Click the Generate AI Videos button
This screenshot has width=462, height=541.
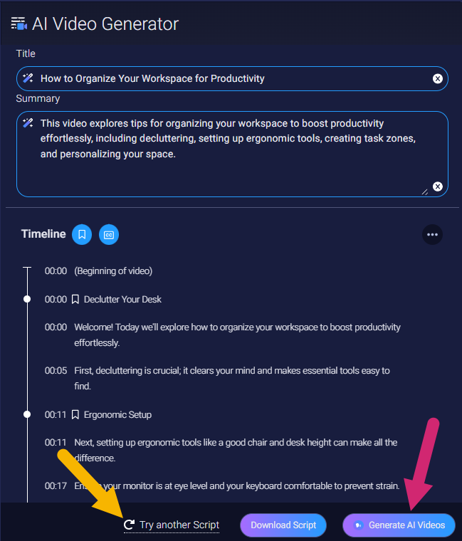tap(399, 525)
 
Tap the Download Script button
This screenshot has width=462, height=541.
tap(283, 525)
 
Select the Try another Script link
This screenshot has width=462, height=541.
tap(172, 525)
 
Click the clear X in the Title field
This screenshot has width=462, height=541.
tap(438, 79)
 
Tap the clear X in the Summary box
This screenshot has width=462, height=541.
tap(438, 187)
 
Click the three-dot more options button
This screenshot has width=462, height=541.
tap(432, 235)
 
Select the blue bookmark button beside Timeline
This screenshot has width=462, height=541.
tap(82, 235)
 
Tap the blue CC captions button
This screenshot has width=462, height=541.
tap(109, 235)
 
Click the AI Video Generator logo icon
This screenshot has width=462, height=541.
tap(19, 23)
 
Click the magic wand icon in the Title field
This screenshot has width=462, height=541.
tap(28, 78)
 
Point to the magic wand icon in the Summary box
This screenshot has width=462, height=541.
tap(28, 123)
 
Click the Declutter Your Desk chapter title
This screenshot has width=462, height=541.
tap(122, 300)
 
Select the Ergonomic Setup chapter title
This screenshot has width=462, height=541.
tap(117, 415)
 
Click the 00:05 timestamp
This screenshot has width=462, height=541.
tap(56, 371)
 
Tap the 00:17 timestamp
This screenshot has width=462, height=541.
tap(56, 485)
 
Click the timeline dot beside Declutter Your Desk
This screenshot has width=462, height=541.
tap(27, 299)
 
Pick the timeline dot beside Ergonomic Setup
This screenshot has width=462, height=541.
tap(27, 414)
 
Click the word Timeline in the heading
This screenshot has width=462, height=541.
tap(43, 234)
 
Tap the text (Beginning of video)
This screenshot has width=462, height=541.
tap(113, 271)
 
